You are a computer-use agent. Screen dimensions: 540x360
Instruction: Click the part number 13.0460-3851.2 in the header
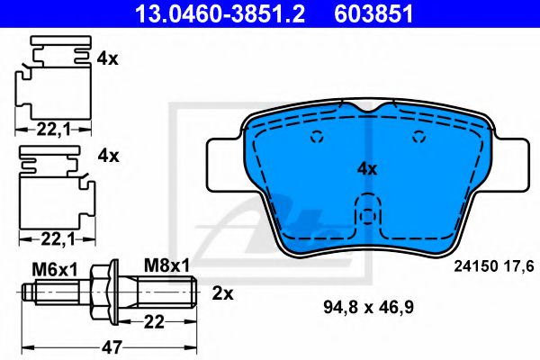point(220,13)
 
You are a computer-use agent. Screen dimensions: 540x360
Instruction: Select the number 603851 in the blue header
point(373,13)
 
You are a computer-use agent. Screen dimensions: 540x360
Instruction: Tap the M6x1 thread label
point(55,269)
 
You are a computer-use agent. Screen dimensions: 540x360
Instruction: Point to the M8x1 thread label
point(166,265)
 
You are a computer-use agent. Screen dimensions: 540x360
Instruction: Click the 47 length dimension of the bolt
point(112,346)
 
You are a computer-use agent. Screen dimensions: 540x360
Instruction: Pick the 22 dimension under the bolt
point(154,322)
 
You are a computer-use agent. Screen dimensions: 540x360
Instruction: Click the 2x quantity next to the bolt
point(222,293)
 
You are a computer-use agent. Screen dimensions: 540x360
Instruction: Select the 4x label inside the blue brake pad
point(367,169)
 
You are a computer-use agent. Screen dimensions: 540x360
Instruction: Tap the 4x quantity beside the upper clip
point(107,58)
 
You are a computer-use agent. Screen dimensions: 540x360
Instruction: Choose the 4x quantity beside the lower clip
point(108,156)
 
